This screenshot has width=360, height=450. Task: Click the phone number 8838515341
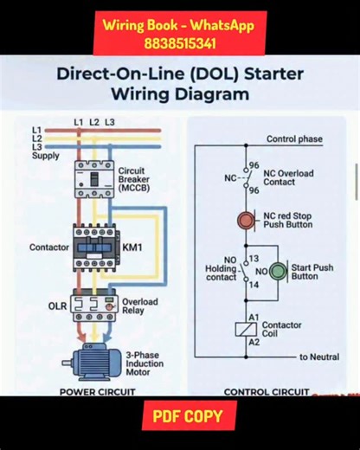(180, 42)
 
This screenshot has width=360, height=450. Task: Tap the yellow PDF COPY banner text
(188, 416)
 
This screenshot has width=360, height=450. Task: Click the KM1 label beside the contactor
(132, 247)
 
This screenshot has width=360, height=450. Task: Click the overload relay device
(93, 305)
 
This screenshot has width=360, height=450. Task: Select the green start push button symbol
(278, 272)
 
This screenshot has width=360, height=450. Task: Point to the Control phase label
(294, 138)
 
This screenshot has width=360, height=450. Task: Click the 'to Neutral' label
(318, 357)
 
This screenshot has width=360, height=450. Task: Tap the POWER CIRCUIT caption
(97, 392)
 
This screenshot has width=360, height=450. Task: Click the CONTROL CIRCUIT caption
(266, 392)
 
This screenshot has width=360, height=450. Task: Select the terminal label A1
(254, 317)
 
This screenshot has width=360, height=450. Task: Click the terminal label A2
(254, 343)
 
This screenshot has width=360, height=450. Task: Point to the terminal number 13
(254, 259)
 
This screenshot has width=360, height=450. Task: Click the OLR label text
(57, 305)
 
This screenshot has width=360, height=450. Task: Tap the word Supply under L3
(46, 156)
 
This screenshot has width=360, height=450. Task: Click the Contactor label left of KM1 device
(49, 247)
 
